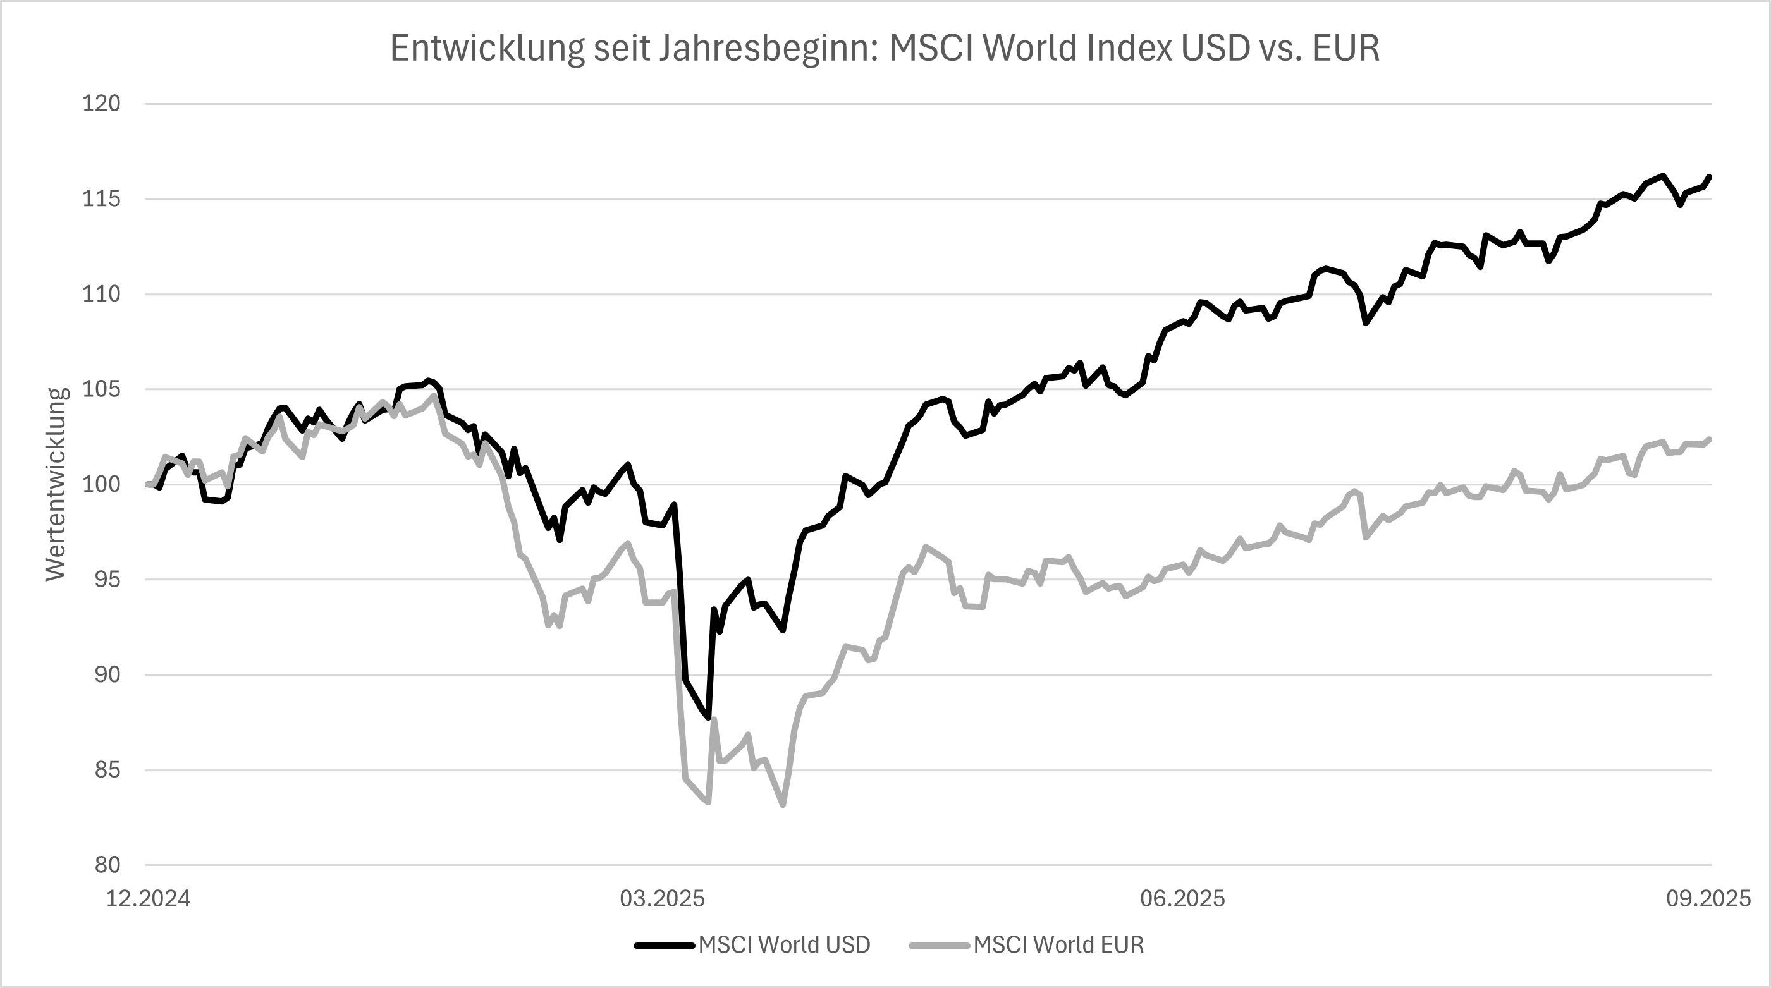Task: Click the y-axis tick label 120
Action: [101, 104]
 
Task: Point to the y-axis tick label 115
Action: [101, 199]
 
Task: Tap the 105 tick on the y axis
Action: [101, 390]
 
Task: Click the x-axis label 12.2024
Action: [148, 899]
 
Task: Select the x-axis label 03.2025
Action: [662, 899]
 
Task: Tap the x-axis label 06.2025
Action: [1182, 899]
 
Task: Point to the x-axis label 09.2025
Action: [1708, 899]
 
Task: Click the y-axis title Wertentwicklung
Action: [56, 485]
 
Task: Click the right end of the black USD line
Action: [1710, 177]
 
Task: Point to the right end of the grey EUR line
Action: [1710, 439]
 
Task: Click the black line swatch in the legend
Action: [664, 946]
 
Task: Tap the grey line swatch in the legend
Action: [939, 946]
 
